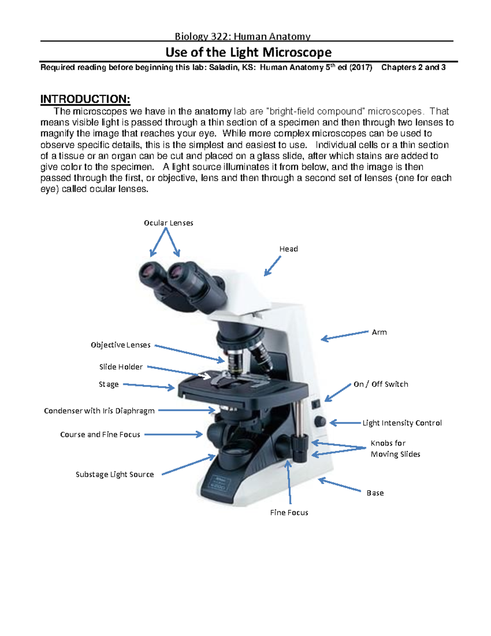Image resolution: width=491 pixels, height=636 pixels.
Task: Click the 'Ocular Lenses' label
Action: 169,223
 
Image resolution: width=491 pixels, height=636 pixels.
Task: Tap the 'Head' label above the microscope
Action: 288,249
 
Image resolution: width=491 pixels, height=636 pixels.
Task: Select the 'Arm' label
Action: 379,332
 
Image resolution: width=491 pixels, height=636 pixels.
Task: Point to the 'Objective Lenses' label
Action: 120,345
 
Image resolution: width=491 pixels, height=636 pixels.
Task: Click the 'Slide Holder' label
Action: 121,367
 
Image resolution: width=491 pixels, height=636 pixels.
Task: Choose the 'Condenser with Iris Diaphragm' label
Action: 99,411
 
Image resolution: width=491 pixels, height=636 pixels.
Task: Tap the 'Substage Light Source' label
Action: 115,474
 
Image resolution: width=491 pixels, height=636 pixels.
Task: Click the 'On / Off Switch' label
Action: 381,384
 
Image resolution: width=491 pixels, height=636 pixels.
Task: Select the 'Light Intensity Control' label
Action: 402,423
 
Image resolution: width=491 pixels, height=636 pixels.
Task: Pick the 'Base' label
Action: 375,493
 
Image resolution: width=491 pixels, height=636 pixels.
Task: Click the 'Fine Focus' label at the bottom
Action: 289,513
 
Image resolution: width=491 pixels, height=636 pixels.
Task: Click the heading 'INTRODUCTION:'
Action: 85,99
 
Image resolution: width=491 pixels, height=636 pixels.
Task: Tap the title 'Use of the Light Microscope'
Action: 249,53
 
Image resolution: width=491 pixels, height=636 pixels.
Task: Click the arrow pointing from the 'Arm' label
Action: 345,335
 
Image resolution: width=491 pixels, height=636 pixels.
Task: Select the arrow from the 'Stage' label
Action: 149,386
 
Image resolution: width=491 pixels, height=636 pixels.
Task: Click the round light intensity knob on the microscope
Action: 320,422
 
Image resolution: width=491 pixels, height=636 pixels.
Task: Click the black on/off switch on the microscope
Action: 315,405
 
